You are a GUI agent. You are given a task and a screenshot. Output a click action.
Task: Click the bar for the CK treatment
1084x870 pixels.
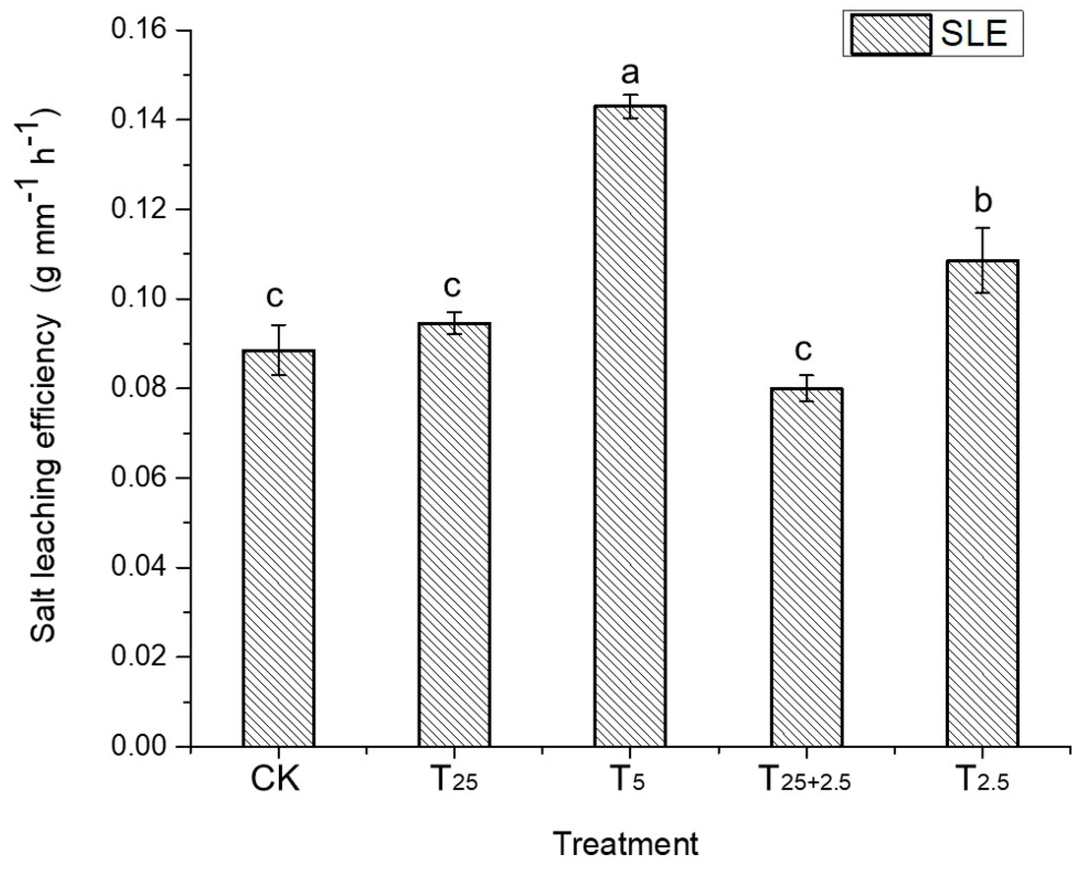pos(278,548)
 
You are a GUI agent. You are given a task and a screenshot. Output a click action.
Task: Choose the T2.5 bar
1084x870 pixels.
pos(983,503)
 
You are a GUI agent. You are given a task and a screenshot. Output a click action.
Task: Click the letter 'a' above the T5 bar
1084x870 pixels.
pos(629,73)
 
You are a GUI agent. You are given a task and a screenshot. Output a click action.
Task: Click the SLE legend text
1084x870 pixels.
pos(974,34)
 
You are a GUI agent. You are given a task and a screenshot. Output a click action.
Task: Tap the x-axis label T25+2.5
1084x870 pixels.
pos(806,781)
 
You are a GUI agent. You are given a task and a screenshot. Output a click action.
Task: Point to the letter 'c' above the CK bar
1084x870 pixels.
pos(275,297)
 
